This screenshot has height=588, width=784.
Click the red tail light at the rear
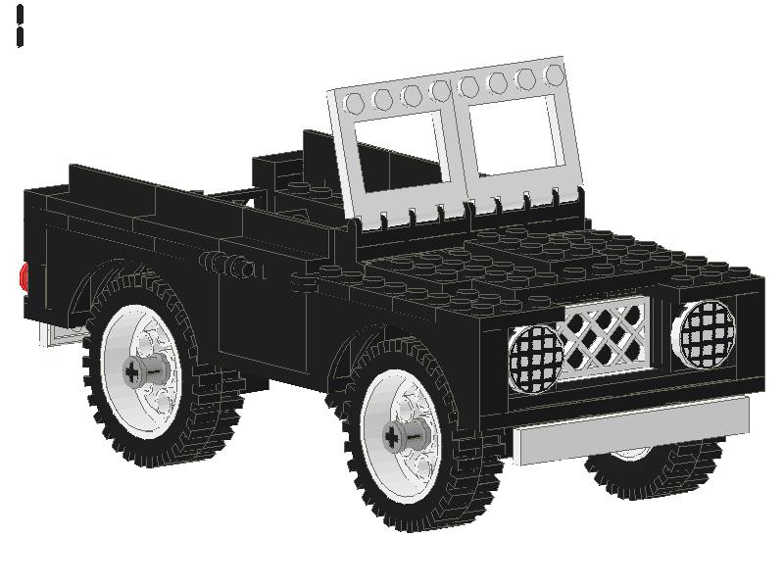(24, 276)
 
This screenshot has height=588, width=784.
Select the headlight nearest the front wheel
(534, 356)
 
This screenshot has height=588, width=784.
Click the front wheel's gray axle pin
(407, 437)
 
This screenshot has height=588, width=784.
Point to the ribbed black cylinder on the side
(230, 266)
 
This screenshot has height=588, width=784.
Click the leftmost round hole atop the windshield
(355, 101)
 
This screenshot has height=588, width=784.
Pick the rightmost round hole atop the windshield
(555, 74)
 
